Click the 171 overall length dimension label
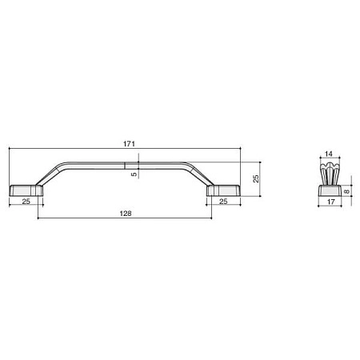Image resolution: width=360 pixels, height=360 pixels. [129, 144]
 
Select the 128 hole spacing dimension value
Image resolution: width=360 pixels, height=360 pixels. [126, 214]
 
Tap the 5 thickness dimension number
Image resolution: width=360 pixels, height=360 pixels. [134, 174]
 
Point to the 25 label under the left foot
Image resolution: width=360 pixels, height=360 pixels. [26, 202]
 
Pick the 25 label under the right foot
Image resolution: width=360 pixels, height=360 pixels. [223, 202]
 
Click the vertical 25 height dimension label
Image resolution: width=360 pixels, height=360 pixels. [256, 178]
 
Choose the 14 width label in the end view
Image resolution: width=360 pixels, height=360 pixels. [329, 154]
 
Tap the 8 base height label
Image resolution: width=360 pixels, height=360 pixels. [346, 191]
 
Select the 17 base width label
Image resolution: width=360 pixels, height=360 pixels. [330, 202]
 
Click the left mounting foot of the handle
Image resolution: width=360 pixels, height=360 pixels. [26, 190]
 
